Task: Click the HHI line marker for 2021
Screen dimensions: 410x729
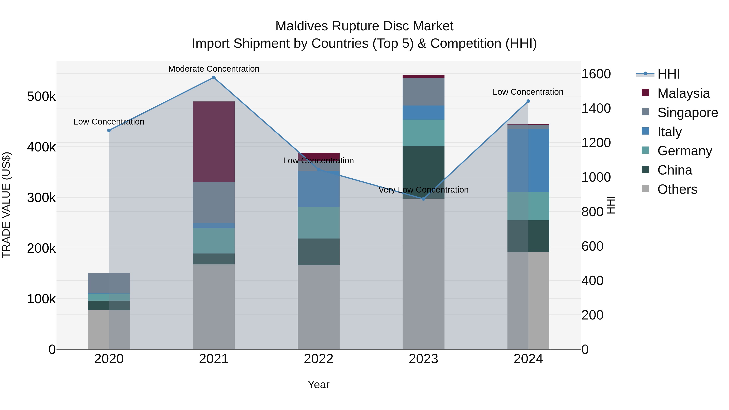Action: click(214, 78)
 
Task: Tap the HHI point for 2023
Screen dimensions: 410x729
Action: click(423, 199)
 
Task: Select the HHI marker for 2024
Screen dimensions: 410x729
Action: click(528, 101)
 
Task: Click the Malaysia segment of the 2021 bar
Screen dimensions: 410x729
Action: click(214, 142)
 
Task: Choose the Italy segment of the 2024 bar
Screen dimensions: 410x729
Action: click(528, 160)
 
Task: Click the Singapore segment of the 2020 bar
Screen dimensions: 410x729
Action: click(109, 283)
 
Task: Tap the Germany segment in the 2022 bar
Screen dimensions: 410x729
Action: click(318, 223)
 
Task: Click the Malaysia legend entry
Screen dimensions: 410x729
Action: click(683, 93)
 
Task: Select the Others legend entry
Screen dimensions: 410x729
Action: click(677, 189)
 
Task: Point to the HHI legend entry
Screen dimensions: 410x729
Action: click(668, 74)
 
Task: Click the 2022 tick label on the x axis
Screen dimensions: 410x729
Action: click(318, 359)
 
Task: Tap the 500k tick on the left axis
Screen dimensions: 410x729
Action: click(41, 97)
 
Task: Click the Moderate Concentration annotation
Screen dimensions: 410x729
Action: click(214, 69)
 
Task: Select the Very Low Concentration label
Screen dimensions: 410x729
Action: click(423, 190)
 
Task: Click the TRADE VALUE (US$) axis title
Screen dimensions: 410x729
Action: click(6, 205)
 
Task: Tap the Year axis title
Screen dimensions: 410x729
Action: click(318, 384)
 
